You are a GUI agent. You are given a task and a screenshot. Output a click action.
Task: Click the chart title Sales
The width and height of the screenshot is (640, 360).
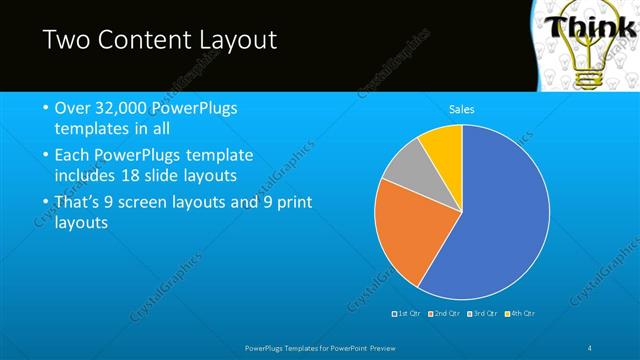tap(461, 109)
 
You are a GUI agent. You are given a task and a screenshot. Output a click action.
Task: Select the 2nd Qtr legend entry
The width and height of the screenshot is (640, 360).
tap(446, 314)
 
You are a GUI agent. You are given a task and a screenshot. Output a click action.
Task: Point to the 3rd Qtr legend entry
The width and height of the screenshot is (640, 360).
tap(484, 314)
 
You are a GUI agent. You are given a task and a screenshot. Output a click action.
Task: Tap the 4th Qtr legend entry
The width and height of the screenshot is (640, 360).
tap(522, 314)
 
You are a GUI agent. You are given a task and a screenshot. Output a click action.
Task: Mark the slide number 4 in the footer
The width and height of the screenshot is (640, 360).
tap(592, 347)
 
